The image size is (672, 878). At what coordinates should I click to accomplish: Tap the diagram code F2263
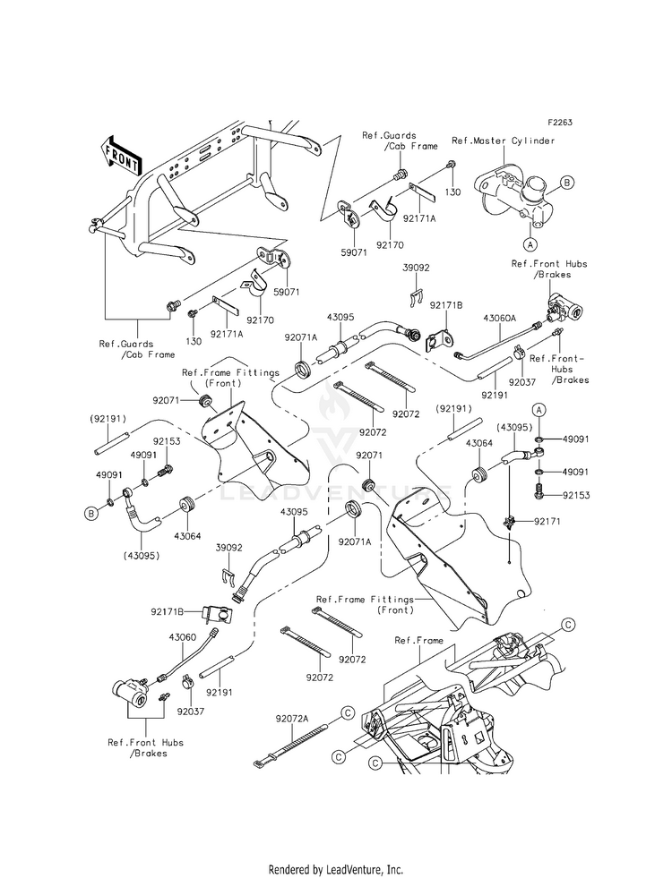pyautogui.click(x=560, y=122)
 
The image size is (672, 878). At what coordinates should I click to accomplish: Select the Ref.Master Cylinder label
pyautogui.click(x=503, y=141)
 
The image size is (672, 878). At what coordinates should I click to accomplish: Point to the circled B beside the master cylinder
pyautogui.click(x=566, y=182)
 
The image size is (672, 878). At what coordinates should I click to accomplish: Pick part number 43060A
pyautogui.click(x=499, y=318)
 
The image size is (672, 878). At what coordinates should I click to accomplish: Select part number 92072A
pyautogui.click(x=291, y=718)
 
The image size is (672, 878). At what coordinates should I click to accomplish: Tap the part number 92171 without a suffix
pyautogui.click(x=547, y=521)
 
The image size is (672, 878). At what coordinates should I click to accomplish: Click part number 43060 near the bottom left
pyautogui.click(x=183, y=637)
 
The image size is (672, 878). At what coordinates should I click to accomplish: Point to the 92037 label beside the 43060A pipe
pyautogui.click(x=522, y=382)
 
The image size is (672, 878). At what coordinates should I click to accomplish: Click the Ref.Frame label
pyautogui.click(x=418, y=640)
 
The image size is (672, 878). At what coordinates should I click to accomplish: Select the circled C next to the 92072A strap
pyautogui.click(x=348, y=712)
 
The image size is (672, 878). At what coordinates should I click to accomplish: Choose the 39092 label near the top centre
pyautogui.click(x=416, y=268)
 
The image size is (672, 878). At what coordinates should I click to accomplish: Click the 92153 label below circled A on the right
pyautogui.click(x=576, y=495)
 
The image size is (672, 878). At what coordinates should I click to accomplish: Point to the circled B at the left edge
pyautogui.click(x=90, y=511)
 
